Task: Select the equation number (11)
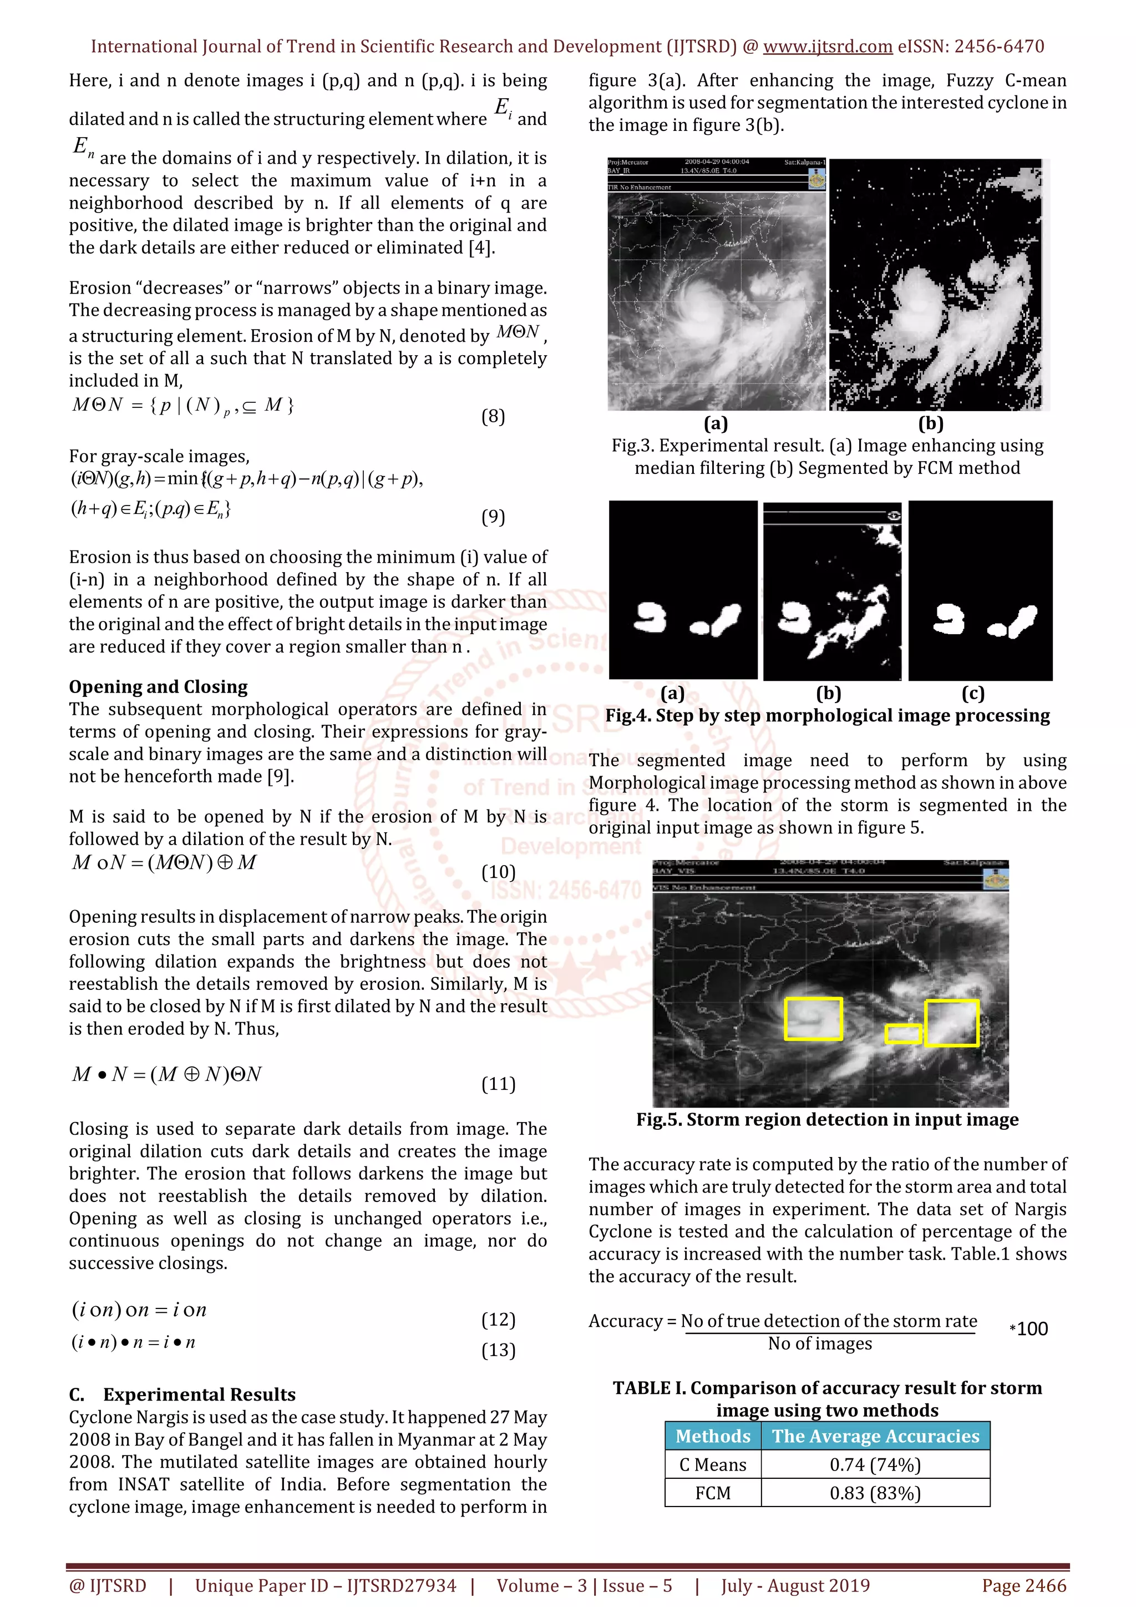point(498,1084)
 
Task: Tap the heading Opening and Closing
point(158,686)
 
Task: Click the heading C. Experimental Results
point(182,1394)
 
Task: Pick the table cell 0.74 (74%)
point(875,1464)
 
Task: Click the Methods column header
point(713,1436)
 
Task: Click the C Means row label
point(713,1464)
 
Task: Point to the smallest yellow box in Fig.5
point(903,1034)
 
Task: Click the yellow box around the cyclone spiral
point(813,1018)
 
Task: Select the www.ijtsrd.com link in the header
point(828,47)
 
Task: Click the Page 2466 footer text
point(1024,1585)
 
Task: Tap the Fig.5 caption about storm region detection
point(827,1120)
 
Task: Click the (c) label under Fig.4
point(973,693)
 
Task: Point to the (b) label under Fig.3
point(930,423)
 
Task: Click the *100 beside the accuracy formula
point(1029,1329)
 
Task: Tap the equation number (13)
point(498,1350)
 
